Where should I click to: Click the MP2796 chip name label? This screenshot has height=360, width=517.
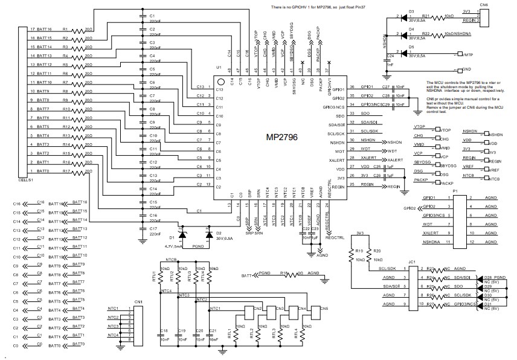point(282,138)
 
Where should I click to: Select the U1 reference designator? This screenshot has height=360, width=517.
point(219,68)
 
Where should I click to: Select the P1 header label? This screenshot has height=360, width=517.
point(455,190)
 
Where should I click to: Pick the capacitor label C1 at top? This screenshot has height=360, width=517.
point(152,15)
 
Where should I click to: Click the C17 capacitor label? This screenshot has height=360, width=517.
point(153,229)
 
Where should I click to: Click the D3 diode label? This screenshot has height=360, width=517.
point(411,11)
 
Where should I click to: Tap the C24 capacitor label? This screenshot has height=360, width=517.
point(390,56)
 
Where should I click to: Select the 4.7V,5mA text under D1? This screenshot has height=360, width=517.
point(175,246)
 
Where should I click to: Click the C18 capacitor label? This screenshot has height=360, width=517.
point(164,331)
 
